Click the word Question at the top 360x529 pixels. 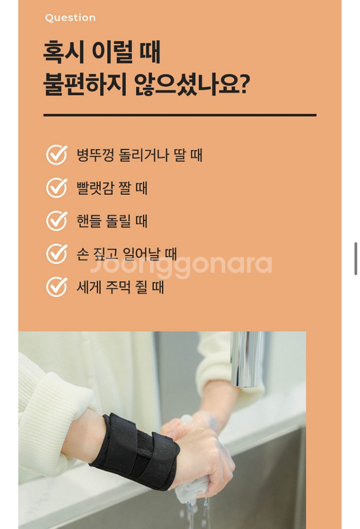coord(70,18)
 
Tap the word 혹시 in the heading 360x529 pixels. coord(64,52)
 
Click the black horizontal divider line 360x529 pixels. coord(180,115)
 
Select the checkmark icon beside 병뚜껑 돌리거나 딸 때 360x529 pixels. coord(56,155)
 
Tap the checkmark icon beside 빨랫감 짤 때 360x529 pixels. coord(56,188)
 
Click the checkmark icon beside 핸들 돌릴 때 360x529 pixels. coord(56,221)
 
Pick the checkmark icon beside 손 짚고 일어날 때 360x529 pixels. coord(56,254)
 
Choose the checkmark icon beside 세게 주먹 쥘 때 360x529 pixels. coord(56,287)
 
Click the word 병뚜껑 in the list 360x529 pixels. coord(95,155)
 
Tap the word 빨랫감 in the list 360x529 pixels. coord(95,188)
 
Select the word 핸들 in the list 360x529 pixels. coord(89,221)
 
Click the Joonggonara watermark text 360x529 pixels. coord(181,265)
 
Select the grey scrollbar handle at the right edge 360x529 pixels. coord(356,258)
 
